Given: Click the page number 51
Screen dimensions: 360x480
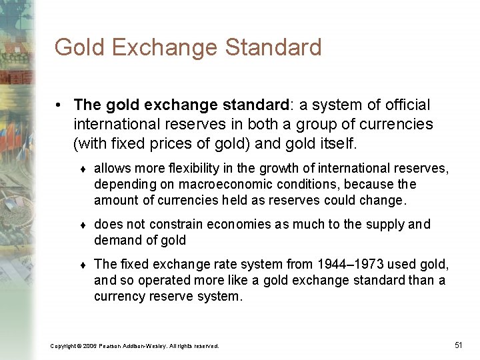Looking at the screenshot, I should [x=458, y=345].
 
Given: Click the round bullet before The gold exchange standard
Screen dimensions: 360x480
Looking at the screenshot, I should [x=59, y=106].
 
